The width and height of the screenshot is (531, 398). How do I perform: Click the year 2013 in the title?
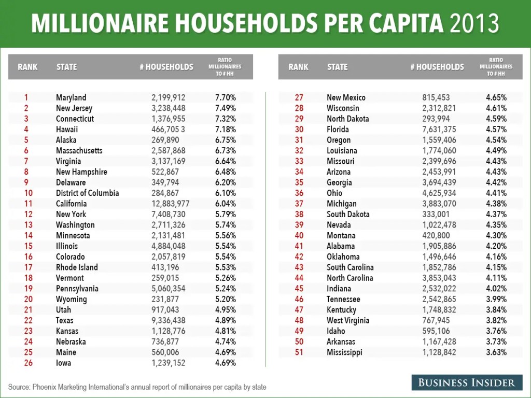pos(474,23)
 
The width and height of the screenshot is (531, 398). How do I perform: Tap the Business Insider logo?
pos(467,383)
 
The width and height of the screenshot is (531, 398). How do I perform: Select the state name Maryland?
pos(71,97)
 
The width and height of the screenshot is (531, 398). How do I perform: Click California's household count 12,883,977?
pos(171,204)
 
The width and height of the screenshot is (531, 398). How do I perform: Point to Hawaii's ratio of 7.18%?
pos(225,129)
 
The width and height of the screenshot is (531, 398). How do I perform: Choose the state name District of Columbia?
pos(87,193)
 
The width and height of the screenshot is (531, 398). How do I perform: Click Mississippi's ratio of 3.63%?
pos(496,352)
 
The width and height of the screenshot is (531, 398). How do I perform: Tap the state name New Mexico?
pos(346,97)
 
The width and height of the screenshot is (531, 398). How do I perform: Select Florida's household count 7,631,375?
pos(439,129)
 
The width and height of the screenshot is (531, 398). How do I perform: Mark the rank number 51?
pos(299,352)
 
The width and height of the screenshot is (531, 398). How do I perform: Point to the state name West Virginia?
pos(348,320)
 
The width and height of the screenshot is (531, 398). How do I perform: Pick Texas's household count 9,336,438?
pos(169,320)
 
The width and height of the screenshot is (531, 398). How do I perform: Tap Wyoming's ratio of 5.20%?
pos(225,299)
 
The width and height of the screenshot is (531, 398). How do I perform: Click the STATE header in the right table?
pos(338,67)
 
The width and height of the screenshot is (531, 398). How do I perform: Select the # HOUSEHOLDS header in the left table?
pos(166,67)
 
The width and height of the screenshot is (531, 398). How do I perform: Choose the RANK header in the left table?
pos(27,67)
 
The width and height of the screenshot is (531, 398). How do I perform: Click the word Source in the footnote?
pos(19,387)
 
